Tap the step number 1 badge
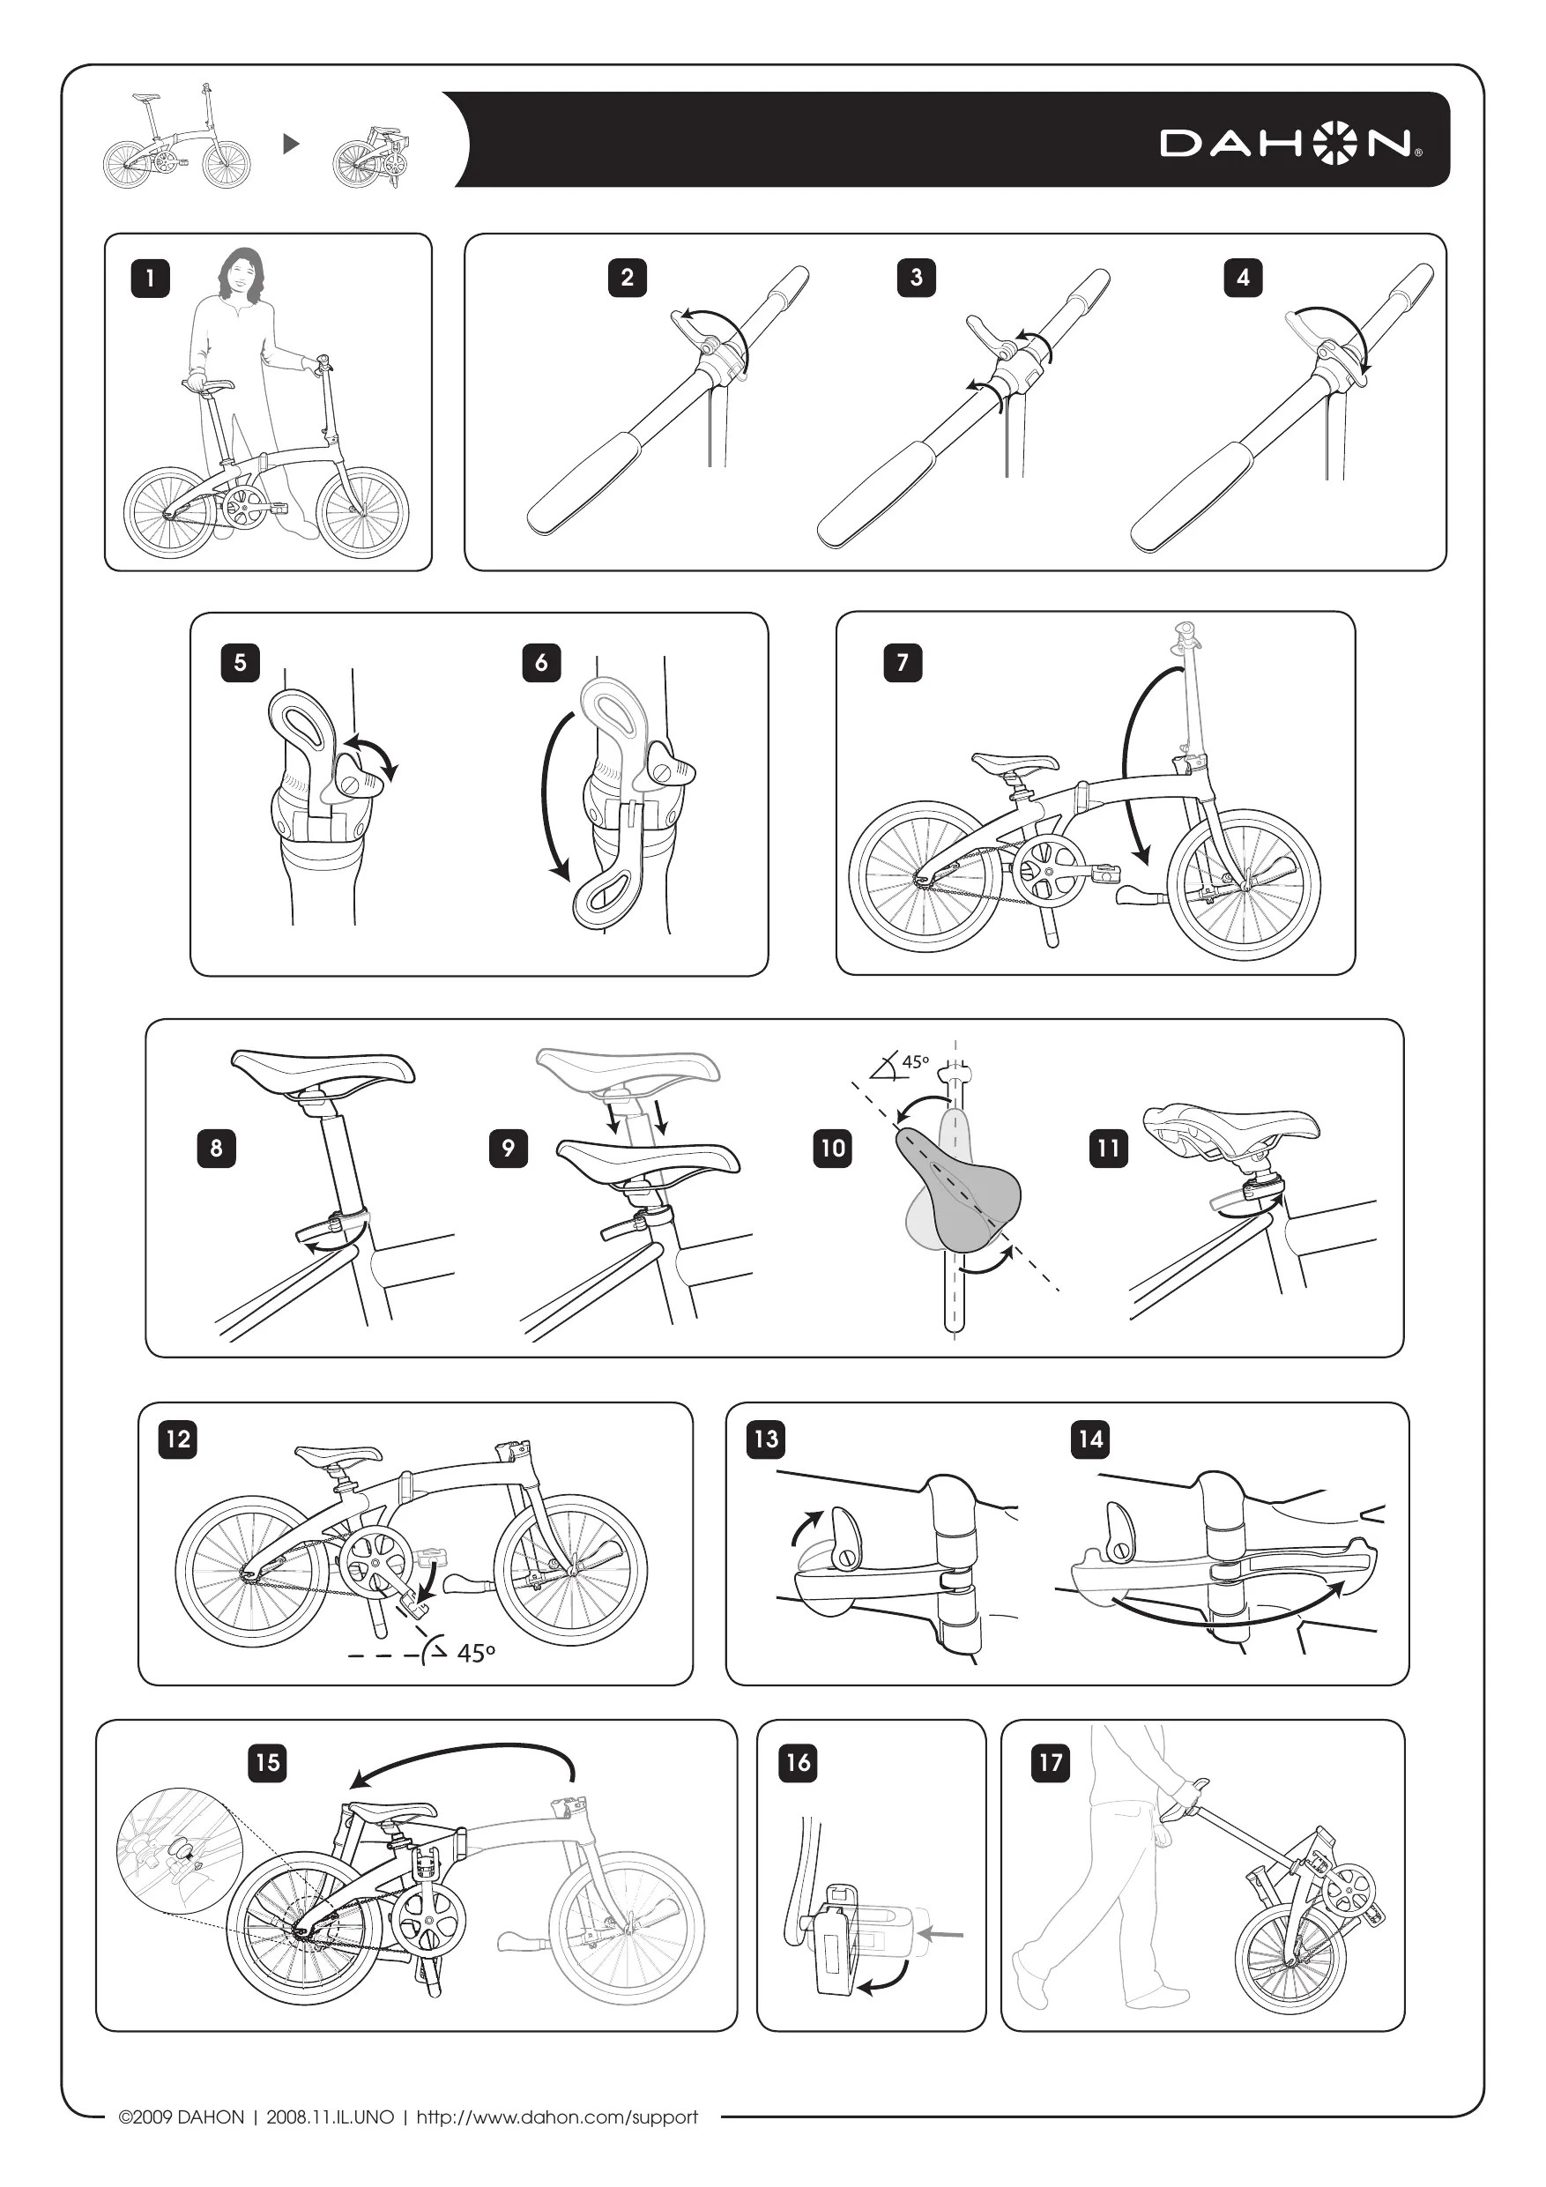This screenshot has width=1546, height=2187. point(150,279)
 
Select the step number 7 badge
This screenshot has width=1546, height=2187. point(902,662)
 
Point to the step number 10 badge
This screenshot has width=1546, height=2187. point(833,1148)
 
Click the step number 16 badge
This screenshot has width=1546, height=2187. point(799,1762)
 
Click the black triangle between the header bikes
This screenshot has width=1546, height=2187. point(292,144)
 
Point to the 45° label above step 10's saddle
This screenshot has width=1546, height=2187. point(914,1061)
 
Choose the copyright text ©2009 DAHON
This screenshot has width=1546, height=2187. point(181,2116)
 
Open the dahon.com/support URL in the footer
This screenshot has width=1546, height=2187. point(557,2116)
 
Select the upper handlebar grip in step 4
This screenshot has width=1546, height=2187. point(1414,283)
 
